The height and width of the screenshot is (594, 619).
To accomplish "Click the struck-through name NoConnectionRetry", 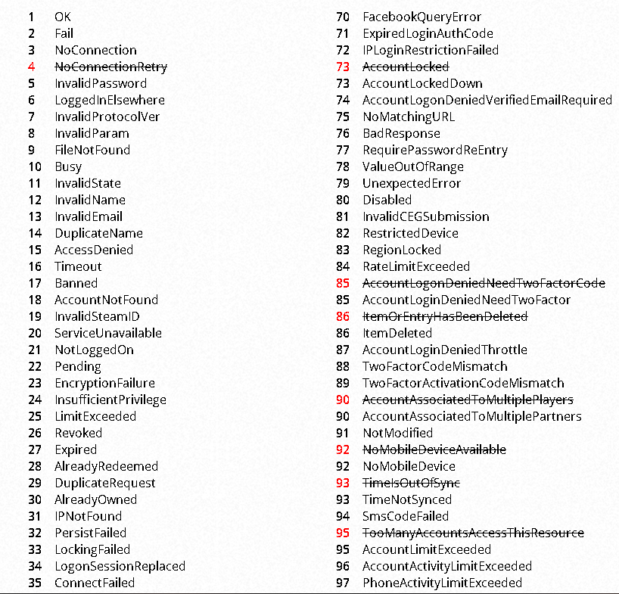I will coord(110,67).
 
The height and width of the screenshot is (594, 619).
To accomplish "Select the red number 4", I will coord(31,67).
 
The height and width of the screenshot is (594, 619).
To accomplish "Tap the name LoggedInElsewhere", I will coord(109,100).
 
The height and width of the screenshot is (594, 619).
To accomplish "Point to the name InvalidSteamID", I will coord(97,316).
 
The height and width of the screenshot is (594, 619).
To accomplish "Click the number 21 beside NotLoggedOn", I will coord(35,350).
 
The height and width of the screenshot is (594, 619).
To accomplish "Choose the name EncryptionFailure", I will coord(104,383).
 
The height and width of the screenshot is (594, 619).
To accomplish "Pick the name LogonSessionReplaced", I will coord(120,566).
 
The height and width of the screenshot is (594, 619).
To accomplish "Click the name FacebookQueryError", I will coord(421,17).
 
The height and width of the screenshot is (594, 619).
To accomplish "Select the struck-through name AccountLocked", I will coord(406,67).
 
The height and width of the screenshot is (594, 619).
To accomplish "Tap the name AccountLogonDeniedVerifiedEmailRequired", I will coord(487,100).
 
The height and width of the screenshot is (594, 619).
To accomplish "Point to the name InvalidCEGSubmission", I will coord(425,216).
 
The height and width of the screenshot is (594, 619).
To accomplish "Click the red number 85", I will coord(343,283).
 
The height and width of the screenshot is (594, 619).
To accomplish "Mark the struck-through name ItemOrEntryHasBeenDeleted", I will coord(445,316).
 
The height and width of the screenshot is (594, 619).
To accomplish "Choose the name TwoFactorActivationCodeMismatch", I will coord(463,383).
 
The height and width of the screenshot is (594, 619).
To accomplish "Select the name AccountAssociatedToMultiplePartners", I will coord(471,416).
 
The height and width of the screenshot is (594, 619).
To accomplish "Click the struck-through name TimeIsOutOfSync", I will coord(411,483).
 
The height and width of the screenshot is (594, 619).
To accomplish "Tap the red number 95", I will coord(343,533).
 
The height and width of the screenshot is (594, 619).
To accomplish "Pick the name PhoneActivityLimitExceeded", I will coord(442,583).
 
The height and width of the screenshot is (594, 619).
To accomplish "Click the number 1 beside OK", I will coord(31,17).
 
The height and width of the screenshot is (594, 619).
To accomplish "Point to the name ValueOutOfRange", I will coord(413,166).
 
